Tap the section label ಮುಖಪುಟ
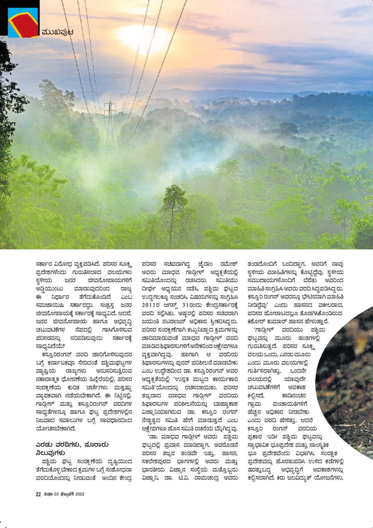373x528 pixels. point(57,33)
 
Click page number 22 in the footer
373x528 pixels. point(38,494)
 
